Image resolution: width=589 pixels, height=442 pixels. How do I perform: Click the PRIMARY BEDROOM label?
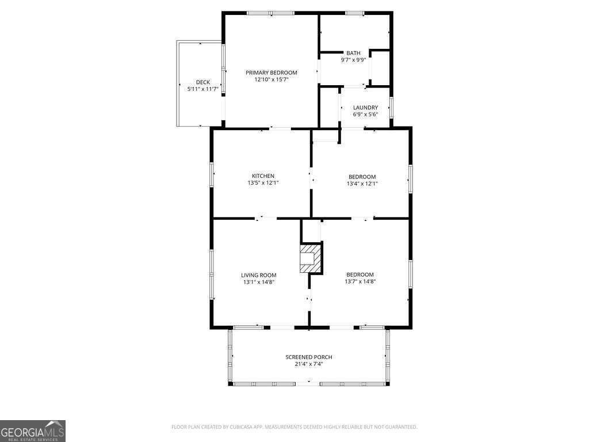(x=271, y=73)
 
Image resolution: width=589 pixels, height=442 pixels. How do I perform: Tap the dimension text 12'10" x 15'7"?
(x=271, y=79)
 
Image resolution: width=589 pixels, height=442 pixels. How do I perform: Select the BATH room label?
(x=353, y=53)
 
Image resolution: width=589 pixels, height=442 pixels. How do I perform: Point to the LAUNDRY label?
(x=365, y=108)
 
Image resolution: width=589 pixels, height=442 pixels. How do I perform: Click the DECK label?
(x=202, y=82)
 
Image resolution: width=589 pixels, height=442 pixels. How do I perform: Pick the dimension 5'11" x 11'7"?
(x=202, y=89)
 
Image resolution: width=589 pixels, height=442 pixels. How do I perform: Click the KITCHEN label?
(x=263, y=176)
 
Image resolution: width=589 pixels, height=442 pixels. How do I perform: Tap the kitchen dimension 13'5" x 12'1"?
(x=263, y=183)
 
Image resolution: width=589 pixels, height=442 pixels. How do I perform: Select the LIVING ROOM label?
(x=258, y=275)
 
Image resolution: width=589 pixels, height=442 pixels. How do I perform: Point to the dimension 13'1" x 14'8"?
(x=258, y=282)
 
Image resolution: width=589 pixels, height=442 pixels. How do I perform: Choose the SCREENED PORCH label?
(x=309, y=357)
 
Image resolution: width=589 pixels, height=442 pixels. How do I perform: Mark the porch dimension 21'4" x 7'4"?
(x=309, y=364)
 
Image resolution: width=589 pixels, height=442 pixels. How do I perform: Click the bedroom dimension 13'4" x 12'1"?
(x=362, y=184)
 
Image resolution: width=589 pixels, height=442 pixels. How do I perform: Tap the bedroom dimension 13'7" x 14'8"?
(x=360, y=282)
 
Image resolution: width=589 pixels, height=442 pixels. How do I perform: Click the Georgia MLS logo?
(x=33, y=431)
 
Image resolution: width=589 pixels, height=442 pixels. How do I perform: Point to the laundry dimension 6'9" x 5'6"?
(x=365, y=115)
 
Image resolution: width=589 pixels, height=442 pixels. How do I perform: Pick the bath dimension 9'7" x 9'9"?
(x=353, y=60)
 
